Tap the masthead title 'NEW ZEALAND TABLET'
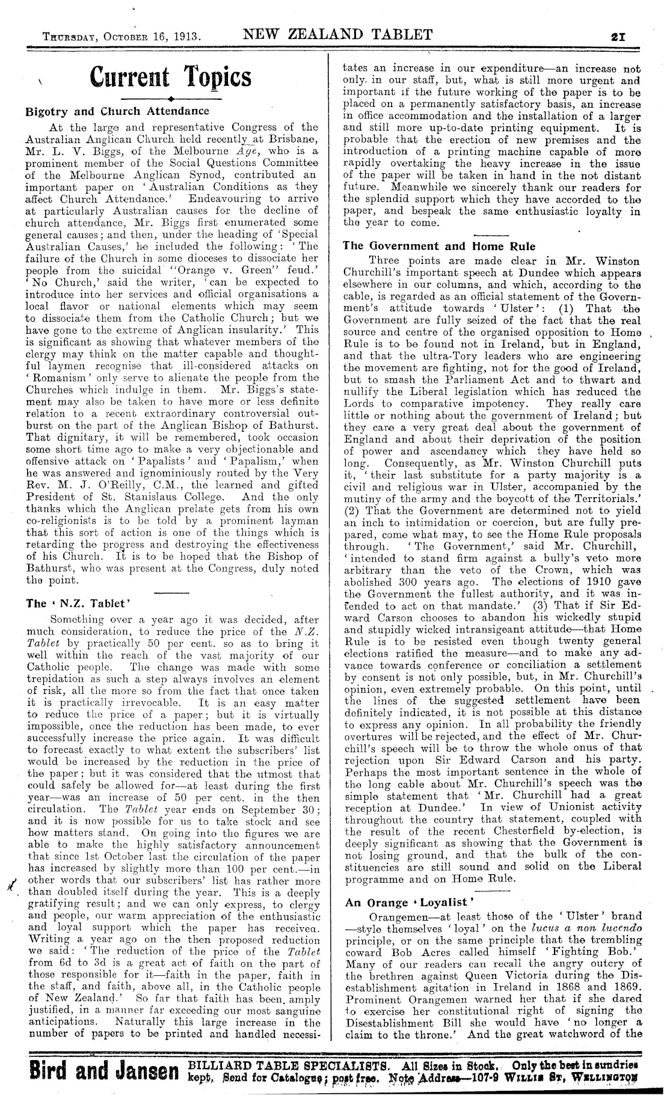pos(337,34)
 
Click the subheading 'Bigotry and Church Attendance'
pos(117,111)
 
